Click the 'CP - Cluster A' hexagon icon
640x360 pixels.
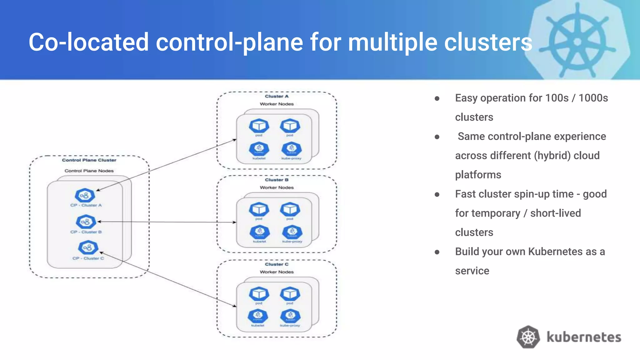(x=85, y=196)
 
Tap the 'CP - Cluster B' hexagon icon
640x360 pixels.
(x=86, y=222)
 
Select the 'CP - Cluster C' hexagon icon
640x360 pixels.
(x=88, y=248)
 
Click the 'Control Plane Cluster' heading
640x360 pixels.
(x=89, y=160)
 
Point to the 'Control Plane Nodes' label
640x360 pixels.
(x=89, y=171)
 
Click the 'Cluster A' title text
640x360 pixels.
(x=277, y=96)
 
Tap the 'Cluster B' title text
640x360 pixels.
(x=277, y=180)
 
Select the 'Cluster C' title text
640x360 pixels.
(x=277, y=264)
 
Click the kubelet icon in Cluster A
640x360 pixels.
(x=259, y=149)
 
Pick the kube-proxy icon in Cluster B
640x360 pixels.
(x=292, y=232)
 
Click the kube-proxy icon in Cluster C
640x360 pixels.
(x=290, y=316)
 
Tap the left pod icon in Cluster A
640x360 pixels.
(x=259, y=126)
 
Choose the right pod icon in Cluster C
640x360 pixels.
(x=290, y=294)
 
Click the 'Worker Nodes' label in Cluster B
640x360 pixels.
(x=277, y=187)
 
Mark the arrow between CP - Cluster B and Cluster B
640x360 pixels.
(x=167, y=222)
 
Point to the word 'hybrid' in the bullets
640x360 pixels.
(x=553, y=156)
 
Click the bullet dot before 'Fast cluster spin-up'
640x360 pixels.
(x=437, y=194)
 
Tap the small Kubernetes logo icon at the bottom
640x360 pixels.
(x=528, y=337)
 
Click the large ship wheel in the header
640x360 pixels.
(x=577, y=41)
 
